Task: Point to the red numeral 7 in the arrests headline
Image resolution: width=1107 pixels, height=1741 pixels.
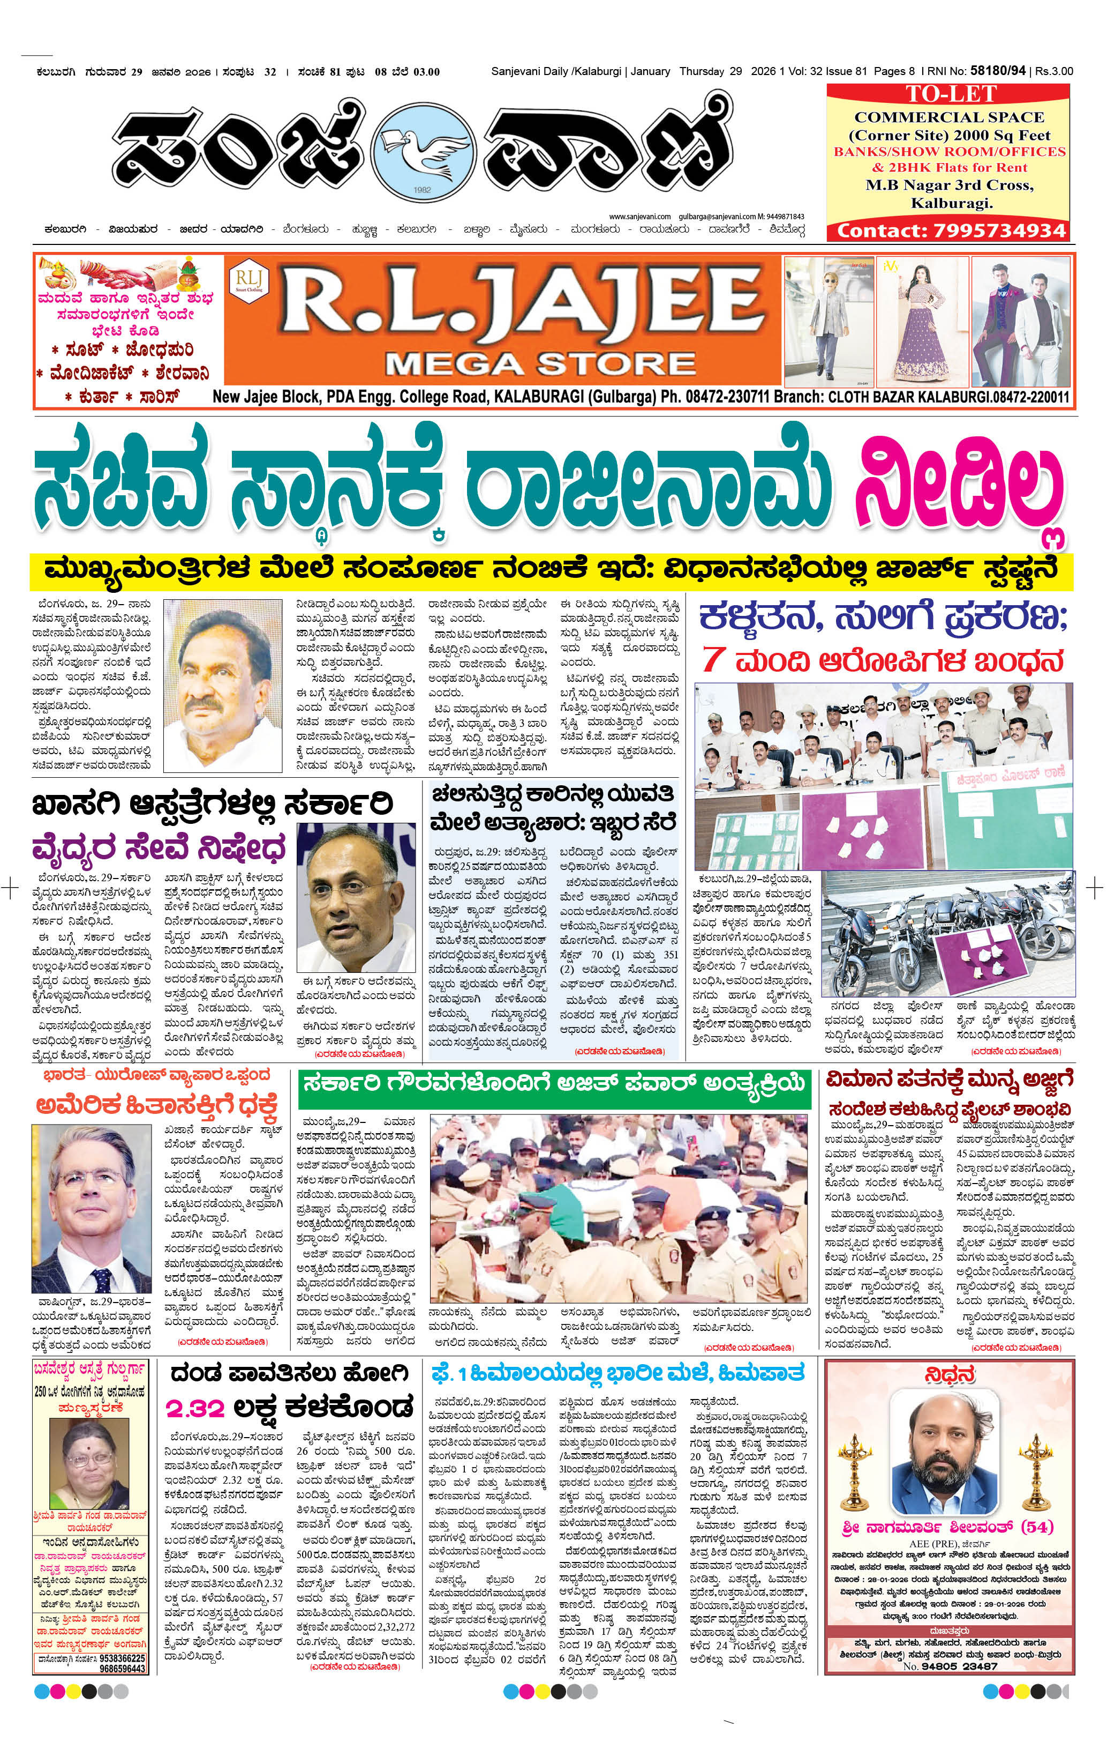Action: click(713, 659)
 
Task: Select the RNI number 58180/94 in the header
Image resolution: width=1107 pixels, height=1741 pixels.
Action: click(997, 71)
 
